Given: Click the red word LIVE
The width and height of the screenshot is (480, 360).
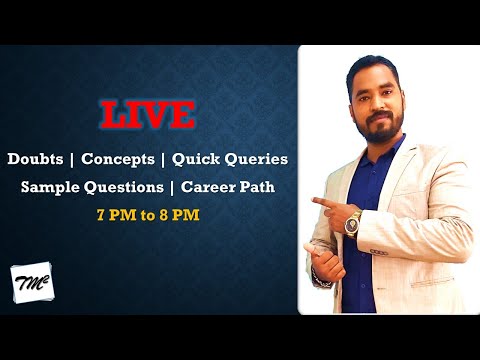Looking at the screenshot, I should coord(148,115).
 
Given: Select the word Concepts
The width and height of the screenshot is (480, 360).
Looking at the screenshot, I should coord(117,159).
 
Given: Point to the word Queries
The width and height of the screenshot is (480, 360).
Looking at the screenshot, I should coord(259,159).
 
